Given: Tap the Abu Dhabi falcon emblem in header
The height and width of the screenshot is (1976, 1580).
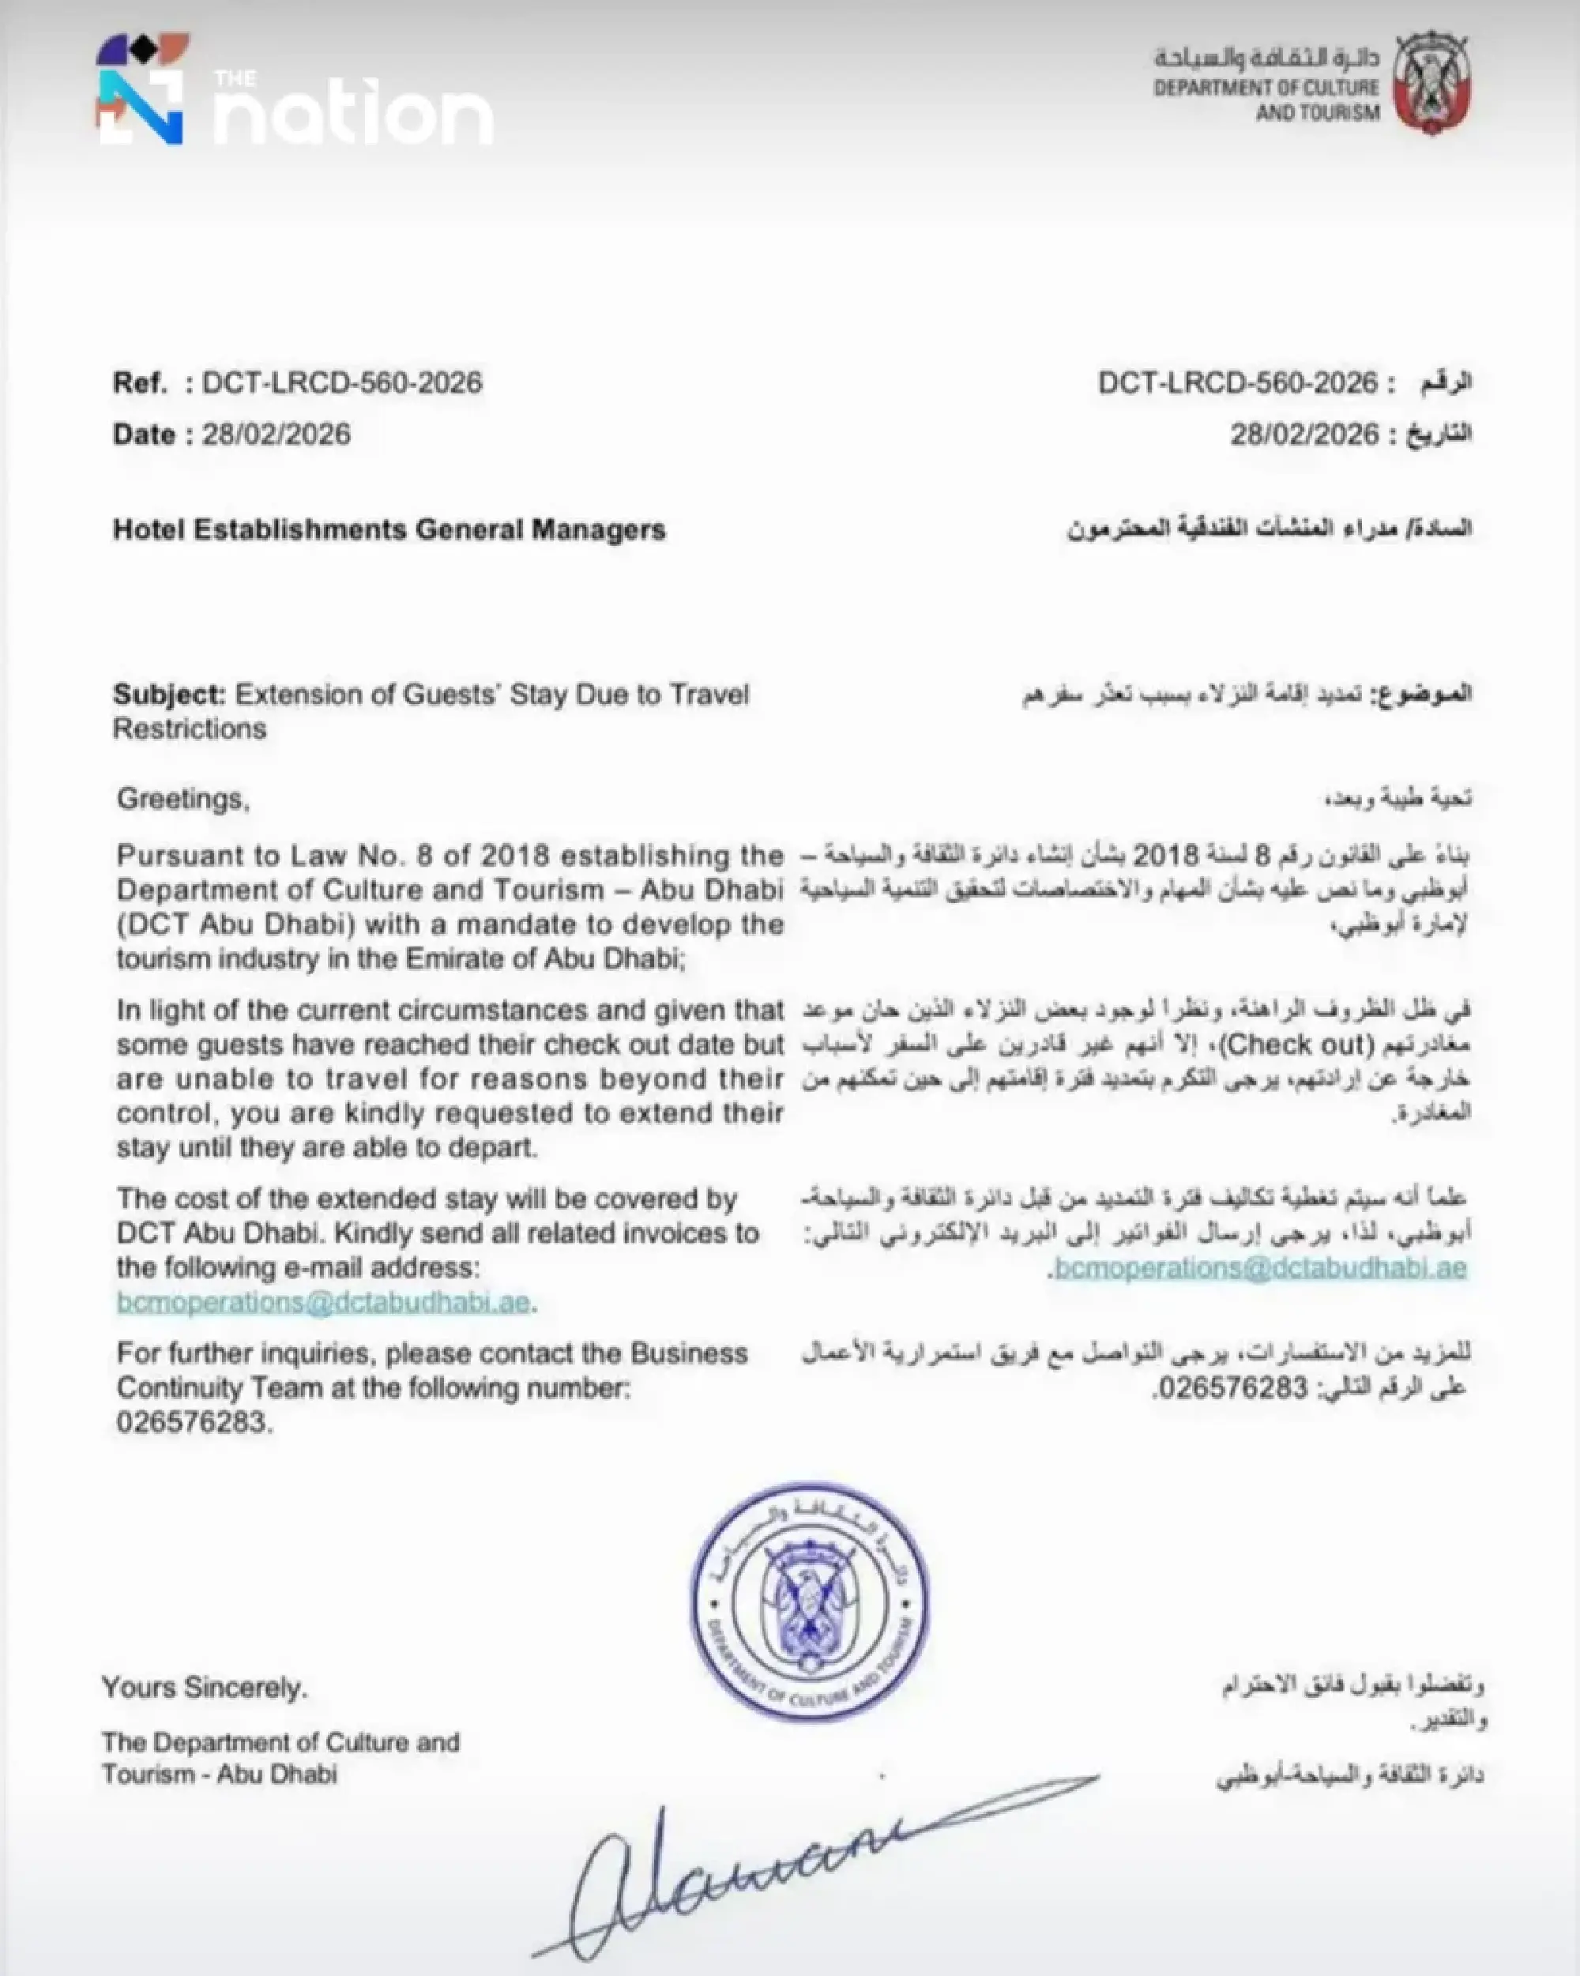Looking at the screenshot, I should coord(1431,85).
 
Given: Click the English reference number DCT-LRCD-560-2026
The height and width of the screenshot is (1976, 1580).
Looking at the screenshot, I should coord(342,382).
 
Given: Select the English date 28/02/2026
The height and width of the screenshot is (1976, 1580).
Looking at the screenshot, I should coord(276,434).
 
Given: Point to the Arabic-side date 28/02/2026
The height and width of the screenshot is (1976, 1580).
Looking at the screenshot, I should coord(1303,434).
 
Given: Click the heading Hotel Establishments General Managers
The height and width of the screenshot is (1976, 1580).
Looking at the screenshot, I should coord(389,529).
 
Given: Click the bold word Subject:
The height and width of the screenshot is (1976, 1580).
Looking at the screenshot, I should coord(168,694).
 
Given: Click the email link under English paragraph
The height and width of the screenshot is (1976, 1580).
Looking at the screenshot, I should coord(322,1302).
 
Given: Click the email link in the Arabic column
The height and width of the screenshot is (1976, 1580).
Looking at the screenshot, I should coord(1260,1268).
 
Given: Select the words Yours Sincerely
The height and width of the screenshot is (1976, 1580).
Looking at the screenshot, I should coord(205,1688).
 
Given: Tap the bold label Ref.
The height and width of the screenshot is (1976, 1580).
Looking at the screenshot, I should coord(139,382).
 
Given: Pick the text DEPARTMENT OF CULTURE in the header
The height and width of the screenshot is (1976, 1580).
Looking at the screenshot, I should coord(1266,88).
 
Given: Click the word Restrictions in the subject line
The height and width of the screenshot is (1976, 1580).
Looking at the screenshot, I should coord(190,729).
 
